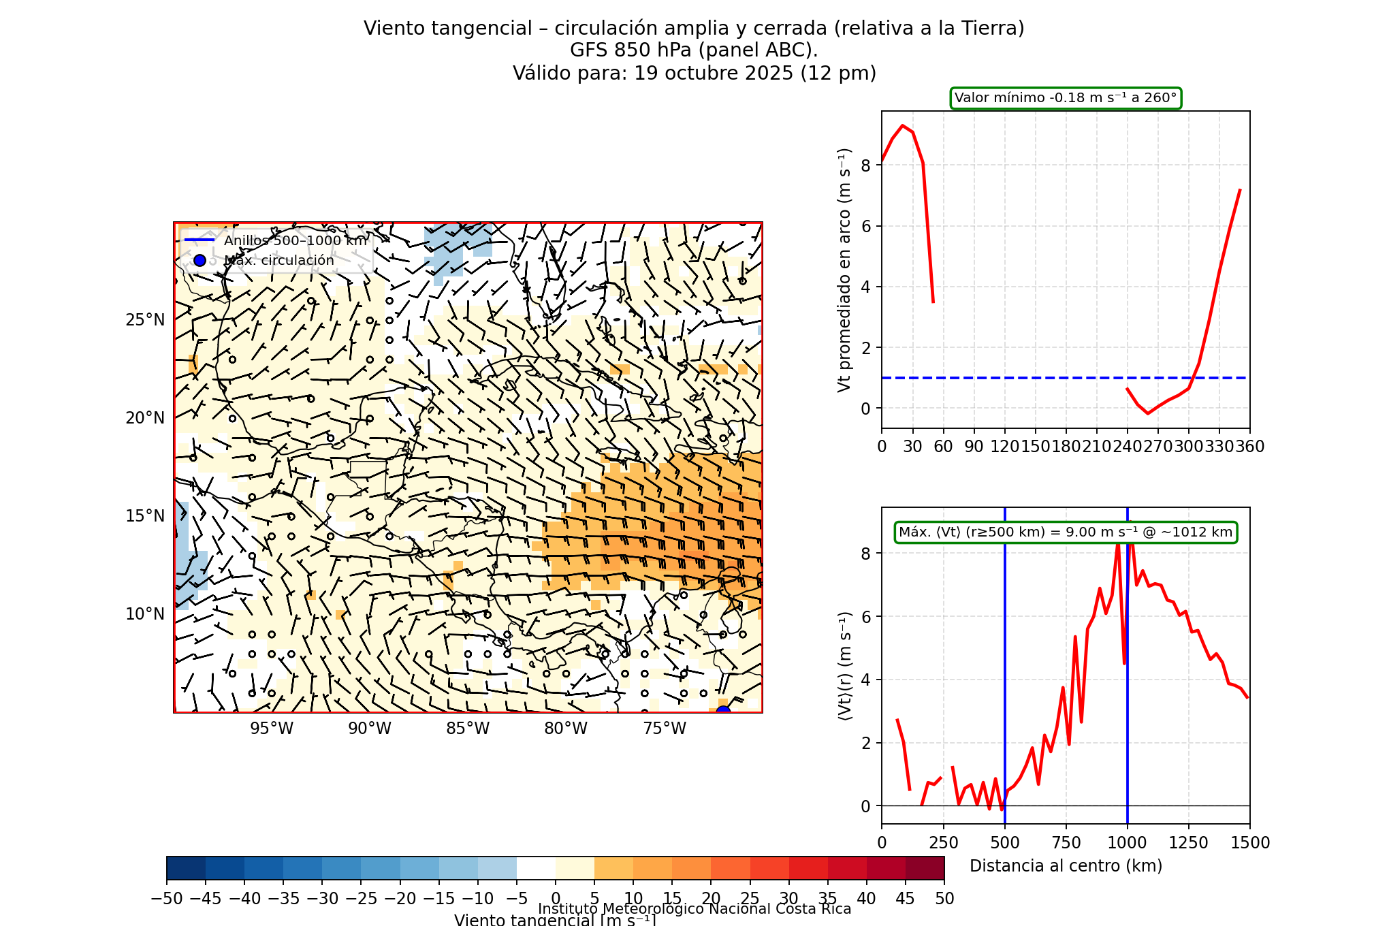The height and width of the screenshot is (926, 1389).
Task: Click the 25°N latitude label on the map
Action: (x=145, y=320)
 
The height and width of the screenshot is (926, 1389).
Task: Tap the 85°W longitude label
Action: (x=468, y=729)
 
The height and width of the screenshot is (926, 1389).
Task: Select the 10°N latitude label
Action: (x=145, y=614)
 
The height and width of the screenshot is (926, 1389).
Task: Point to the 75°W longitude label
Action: (x=665, y=729)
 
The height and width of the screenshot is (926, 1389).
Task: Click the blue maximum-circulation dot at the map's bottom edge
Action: (x=723, y=712)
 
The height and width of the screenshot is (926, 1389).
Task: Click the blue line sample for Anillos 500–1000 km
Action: (x=199, y=240)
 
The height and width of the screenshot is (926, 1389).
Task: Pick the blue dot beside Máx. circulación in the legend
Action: (x=199, y=260)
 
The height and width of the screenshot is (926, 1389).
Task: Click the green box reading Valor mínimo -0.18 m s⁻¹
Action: (x=1066, y=98)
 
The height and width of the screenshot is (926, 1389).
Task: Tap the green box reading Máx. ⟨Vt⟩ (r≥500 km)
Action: (x=1066, y=532)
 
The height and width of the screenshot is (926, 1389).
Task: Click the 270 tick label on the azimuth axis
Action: (x=1157, y=447)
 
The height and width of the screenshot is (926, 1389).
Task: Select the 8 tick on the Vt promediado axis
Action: (x=865, y=165)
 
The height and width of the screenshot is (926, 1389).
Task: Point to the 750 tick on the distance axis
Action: (x=1066, y=843)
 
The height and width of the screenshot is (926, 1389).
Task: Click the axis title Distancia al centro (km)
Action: (x=1066, y=866)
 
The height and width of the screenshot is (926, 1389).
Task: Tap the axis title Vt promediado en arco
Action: (x=844, y=270)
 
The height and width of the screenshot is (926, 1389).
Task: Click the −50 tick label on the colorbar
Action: (x=167, y=899)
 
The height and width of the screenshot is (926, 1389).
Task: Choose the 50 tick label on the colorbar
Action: (x=944, y=899)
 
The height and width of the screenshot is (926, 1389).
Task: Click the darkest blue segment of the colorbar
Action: (x=186, y=868)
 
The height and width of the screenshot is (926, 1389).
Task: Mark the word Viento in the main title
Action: (x=389, y=29)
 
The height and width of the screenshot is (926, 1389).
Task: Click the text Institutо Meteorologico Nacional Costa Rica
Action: (x=694, y=909)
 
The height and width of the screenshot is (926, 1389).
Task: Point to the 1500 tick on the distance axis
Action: (x=1249, y=843)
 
